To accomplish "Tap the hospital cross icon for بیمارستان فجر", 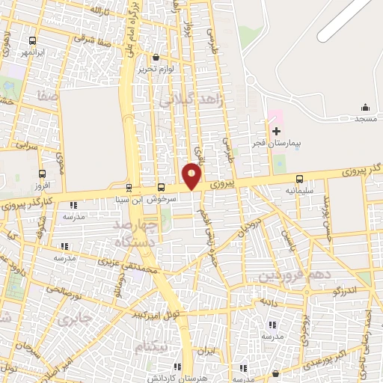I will (x=276, y=131).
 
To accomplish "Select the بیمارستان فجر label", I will (x=277, y=143).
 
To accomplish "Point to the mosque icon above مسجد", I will (x=365, y=108).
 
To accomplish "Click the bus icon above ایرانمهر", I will (x=31, y=41).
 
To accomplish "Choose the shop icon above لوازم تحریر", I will (x=155, y=57).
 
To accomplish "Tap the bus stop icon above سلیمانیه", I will (x=300, y=179).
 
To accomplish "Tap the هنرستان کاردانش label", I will (x=178, y=378).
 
